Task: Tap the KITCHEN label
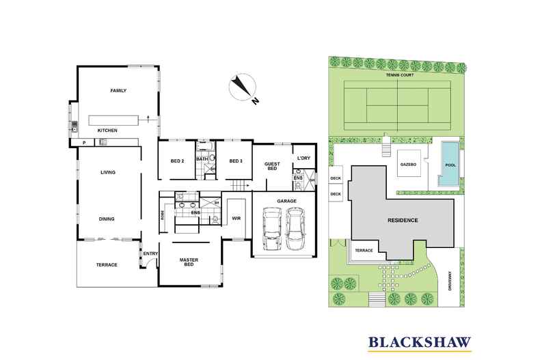107,130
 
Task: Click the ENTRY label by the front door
150,255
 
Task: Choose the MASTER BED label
189,262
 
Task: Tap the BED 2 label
177,161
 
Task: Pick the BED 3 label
236,161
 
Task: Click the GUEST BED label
271,165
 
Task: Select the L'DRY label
303,158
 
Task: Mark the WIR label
237,219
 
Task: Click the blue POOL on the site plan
448,165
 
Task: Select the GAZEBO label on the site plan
409,165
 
